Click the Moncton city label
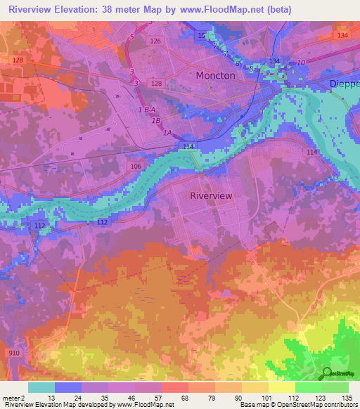(x=215, y=75)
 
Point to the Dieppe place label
(x=344, y=84)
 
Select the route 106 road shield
(x=136, y=167)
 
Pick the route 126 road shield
(x=155, y=41)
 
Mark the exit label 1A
(x=167, y=132)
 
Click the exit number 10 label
(x=300, y=63)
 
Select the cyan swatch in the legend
(x=41, y=387)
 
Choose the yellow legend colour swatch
(x=282, y=387)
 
